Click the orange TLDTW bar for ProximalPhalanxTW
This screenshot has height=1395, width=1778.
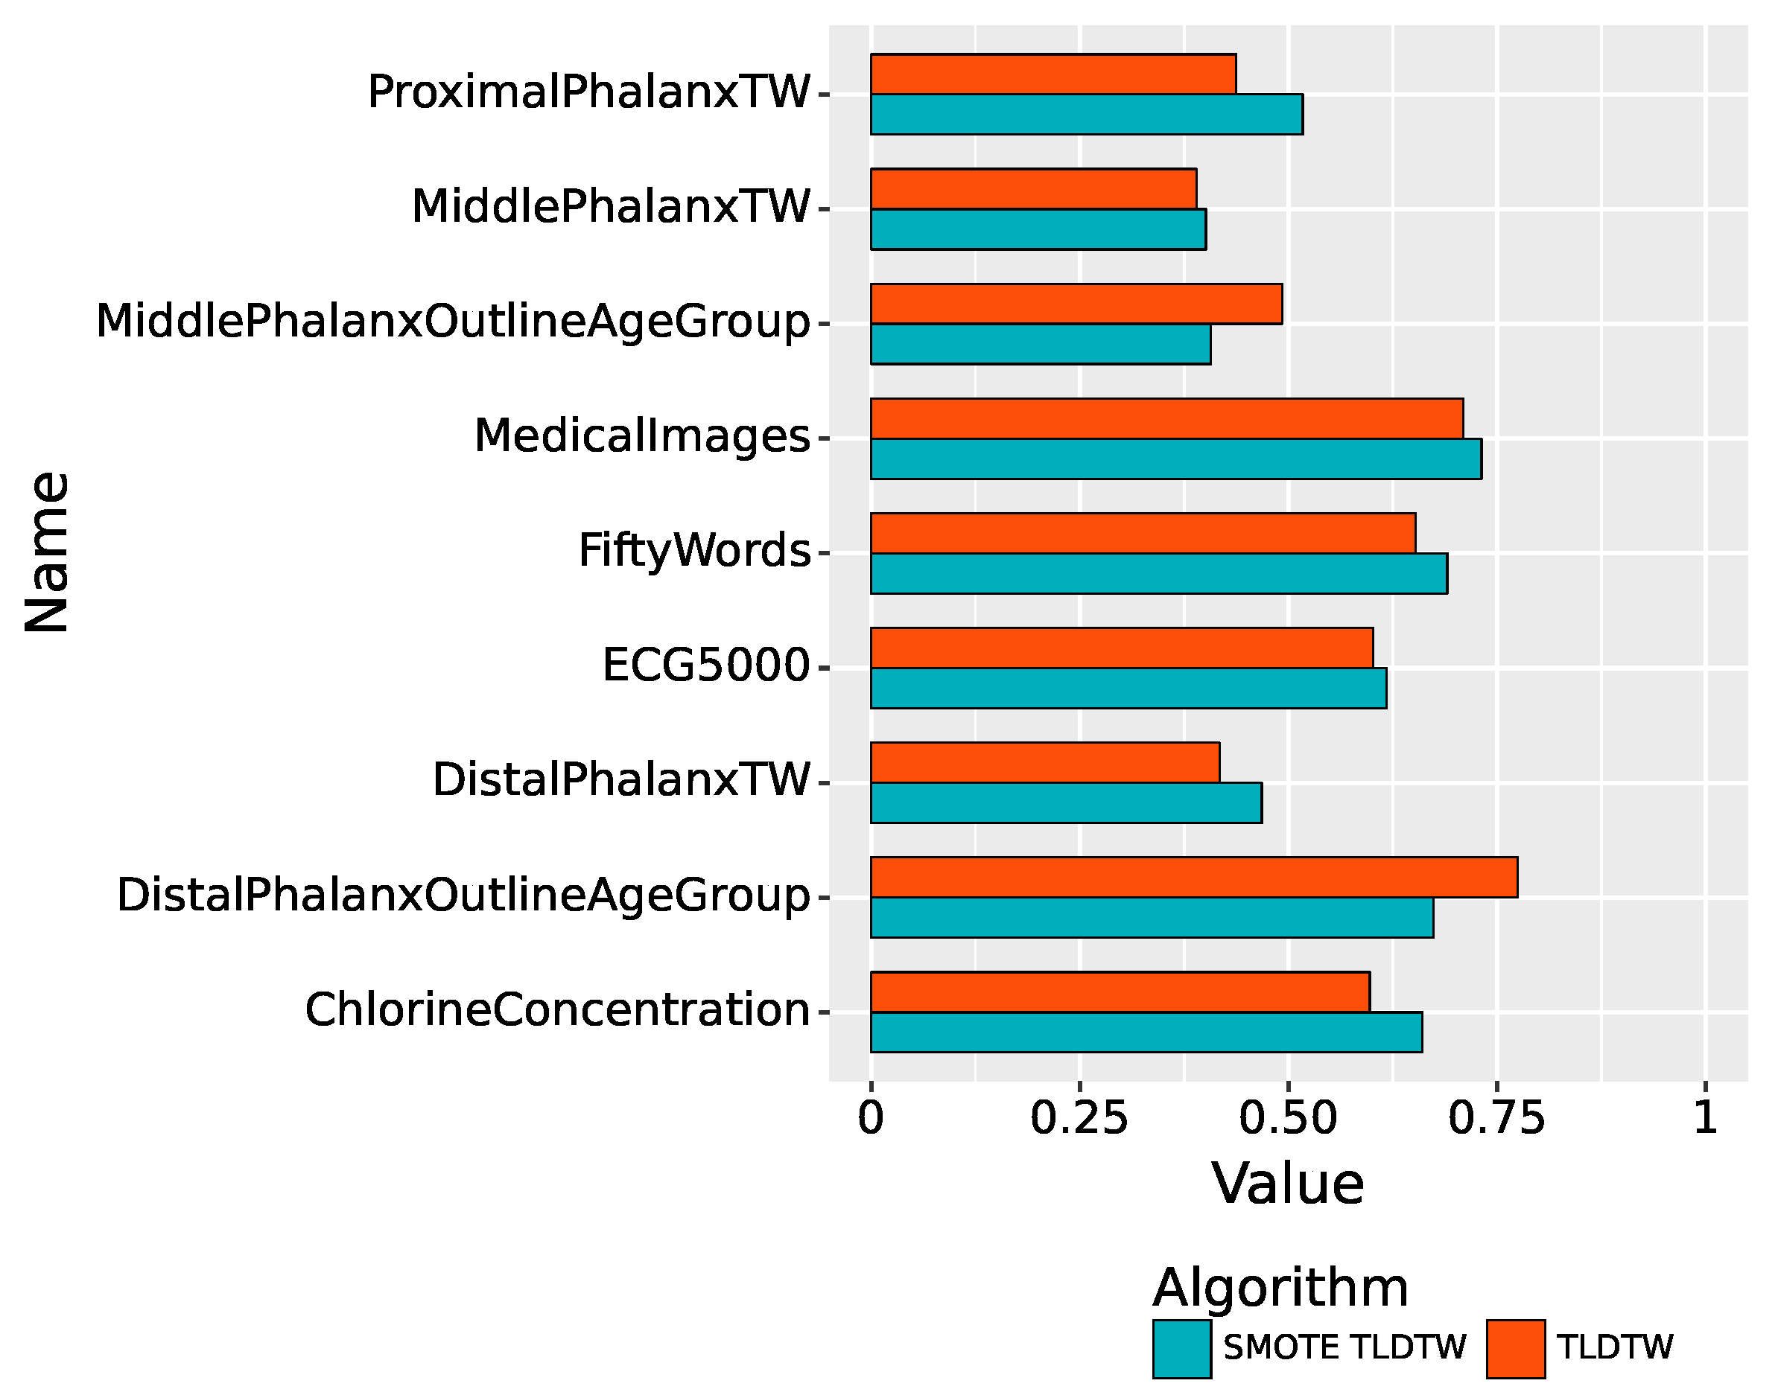(x=1052, y=74)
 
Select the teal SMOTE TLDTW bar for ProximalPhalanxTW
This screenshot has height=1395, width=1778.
(x=1086, y=115)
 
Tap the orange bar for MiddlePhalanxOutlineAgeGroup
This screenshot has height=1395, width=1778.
(x=1076, y=304)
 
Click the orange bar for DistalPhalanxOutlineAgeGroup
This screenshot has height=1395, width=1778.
(x=1193, y=877)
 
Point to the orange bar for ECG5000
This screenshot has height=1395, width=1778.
(x=1121, y=648)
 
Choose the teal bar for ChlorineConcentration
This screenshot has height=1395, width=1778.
(x=1146, y=1032)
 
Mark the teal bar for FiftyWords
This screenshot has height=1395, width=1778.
(x=1158, y=573)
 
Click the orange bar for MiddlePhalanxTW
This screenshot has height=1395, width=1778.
(x=1033, y=188)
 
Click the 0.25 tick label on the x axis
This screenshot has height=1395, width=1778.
(x=1079, y=1118)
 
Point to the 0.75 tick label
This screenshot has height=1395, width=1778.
(x=1496, y=1118)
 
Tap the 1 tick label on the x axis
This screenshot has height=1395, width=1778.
(x=1704, y=1118)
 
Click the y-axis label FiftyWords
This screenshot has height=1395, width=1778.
(x=693, y=551)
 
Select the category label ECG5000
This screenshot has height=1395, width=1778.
(x=705, y=665)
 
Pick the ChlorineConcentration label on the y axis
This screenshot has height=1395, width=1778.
(x=557, y=1009)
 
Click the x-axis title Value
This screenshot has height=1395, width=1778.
(x=1288, y=1184)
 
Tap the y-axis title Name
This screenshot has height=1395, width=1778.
(x=48, y=552)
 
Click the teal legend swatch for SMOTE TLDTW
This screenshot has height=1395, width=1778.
(x=1181, y=1350)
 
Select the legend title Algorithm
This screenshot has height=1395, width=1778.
(x=1280, y=1288)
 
